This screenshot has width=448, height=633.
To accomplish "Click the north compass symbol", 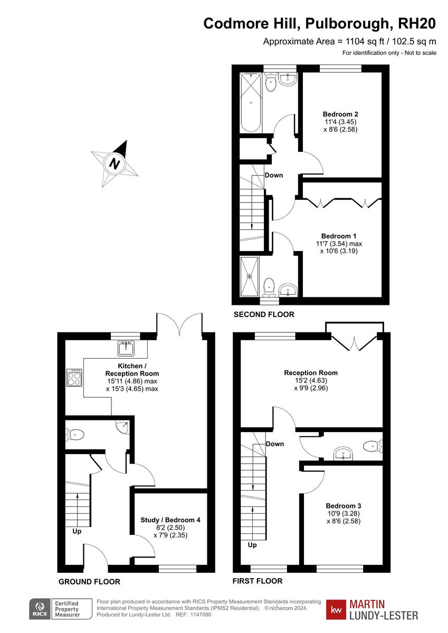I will coord(115,164).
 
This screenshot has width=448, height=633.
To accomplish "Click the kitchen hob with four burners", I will coord(74,377).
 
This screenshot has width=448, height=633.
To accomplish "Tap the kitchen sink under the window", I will coord(127,348).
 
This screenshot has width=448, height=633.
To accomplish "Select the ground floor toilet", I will coord(75,435).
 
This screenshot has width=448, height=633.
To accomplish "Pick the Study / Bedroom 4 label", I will coord(170,520).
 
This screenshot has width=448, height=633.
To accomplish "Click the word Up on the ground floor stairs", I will coord(77,531).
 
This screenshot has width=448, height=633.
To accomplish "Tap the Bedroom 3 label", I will coord(344,505).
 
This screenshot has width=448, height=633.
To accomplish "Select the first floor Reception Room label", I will coord(311,372).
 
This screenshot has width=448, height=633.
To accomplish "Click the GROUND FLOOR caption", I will coord(89,582).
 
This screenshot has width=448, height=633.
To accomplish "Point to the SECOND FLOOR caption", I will coord(264,314).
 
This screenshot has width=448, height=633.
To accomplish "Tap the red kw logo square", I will coord(336,609).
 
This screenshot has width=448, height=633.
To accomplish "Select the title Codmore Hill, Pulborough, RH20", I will coord(320,24).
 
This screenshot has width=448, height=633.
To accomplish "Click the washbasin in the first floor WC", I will coord(344,453).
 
